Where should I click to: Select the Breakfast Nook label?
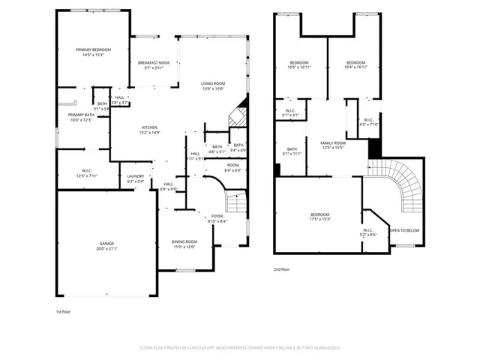(x=153, y=65)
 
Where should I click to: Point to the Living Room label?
(x=213, y=86)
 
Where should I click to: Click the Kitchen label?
(x=150, y=130)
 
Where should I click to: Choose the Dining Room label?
(x=184, y=244)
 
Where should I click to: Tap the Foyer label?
(x=217, y=218)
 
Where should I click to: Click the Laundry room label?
(x=135, y=178)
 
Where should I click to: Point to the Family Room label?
(x=333, y=145)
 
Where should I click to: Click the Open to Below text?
(x=404, y=230)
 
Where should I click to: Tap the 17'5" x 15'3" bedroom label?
(x=319, y=217)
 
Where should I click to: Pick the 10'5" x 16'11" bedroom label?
(x=299, y=64)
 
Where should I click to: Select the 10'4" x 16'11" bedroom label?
(x=355, y=64)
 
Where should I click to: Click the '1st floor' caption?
(x=64, y=311)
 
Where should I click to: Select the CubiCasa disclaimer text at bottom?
(x=240, y=348)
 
